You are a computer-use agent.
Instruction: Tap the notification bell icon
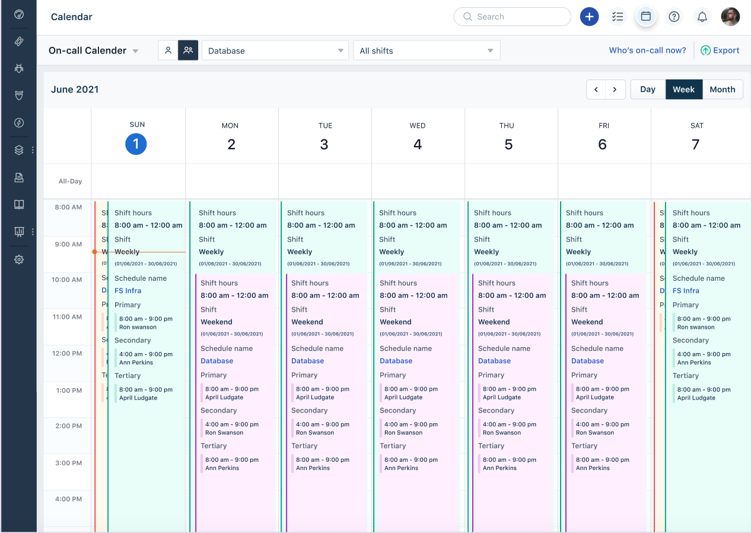pyautogui.click(x=702, y=17)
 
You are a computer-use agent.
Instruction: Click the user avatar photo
pyautogui.click(x=730, y=17)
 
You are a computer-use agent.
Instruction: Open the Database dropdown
pyautogui.click(x=275, y=50)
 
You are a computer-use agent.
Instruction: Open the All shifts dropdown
pyautogui.click(x=427, y=50)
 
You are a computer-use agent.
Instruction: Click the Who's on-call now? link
pyautogui.click(x=647, y=50)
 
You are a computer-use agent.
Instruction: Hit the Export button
pyautogui.click(x=720, y=50)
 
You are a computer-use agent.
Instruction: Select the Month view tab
pyautogui.click(x=722, y=90)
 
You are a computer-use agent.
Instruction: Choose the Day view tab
pyautogui.click(x=647, y=90)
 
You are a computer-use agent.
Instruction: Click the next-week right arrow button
pyautogui.click(x=615, y=90)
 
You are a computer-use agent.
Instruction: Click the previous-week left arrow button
pyautogui.click(x=596, y=90)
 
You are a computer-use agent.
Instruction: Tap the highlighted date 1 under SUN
pyautogui.click(x=136, y=144)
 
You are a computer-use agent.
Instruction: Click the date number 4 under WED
pyautogui.click(x=418, y=144)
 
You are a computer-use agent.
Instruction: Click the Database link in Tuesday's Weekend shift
pyautogui.click(x=307, y=361)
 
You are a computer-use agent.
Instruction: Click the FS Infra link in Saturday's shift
pyautogui.click(x=685, y=291)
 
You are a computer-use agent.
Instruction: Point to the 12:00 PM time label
pyautogui.click(x=67, y=354)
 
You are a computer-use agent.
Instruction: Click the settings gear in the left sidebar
pyautogui.click(x=19, y=259)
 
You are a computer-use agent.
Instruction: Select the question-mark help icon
pyautogui.click(x=674, y=17)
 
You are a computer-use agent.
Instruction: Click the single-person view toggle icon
pyautogui.click(x=168, y=50)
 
